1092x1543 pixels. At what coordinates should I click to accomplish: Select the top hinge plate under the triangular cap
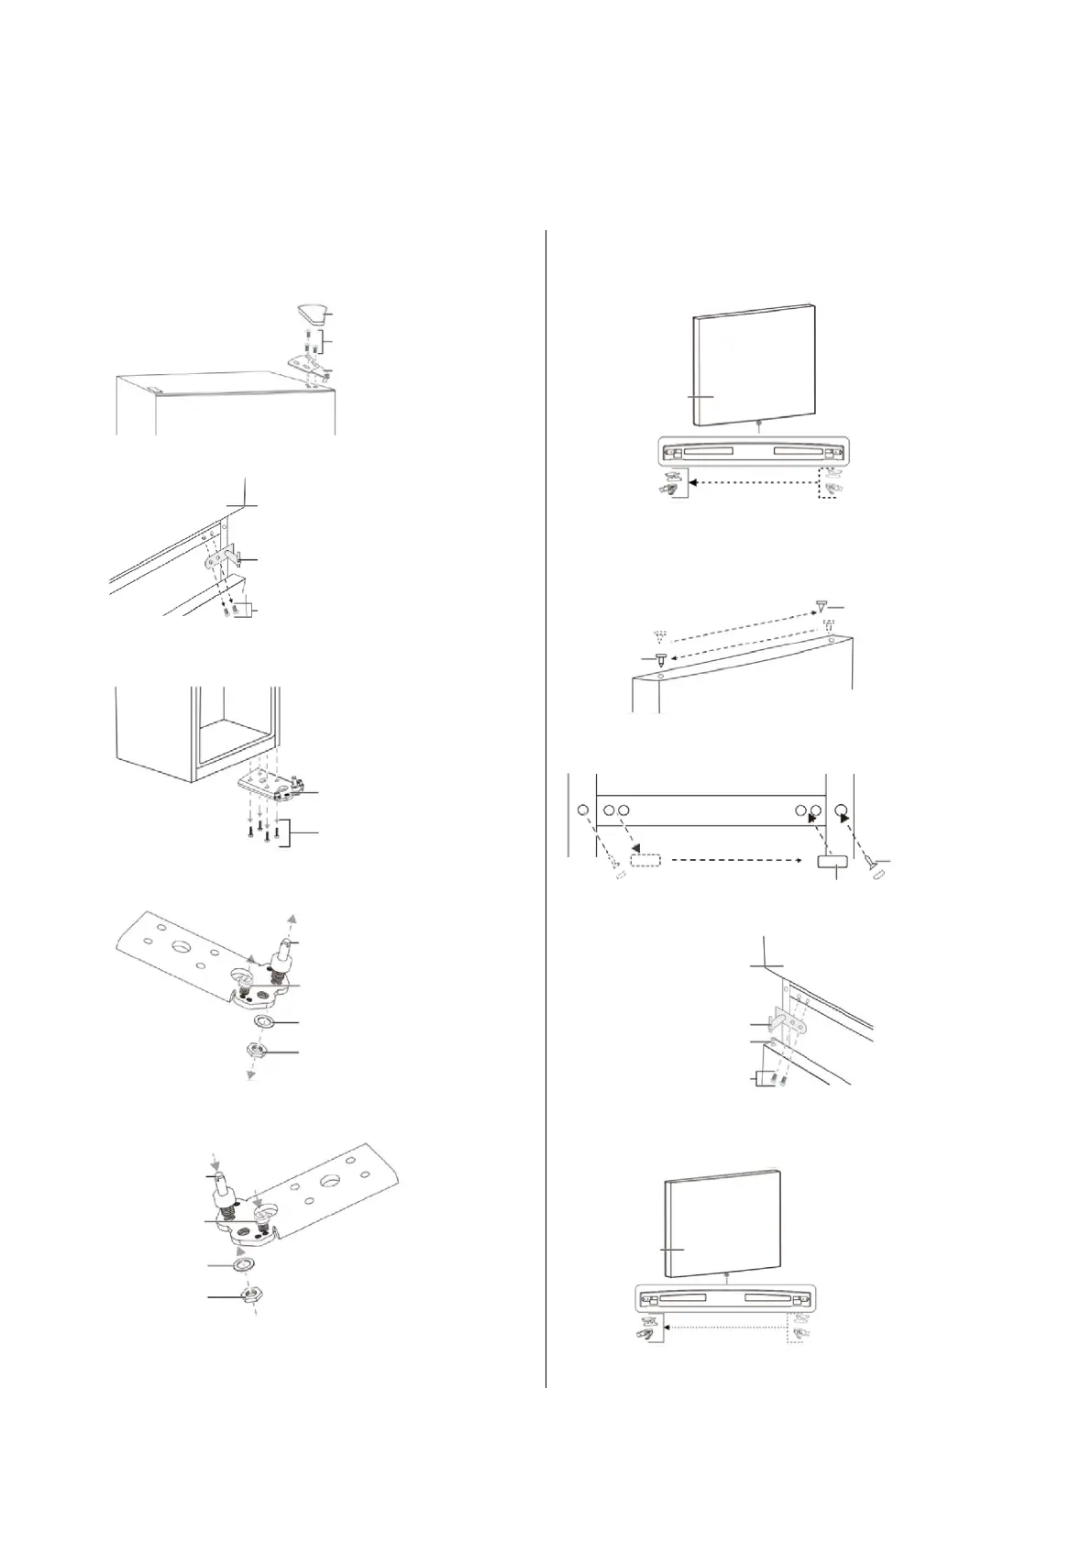pyautogui.click(x=305, y=363)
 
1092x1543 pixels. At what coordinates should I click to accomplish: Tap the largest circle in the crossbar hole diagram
pyautogui.click(x=841, y=811)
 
